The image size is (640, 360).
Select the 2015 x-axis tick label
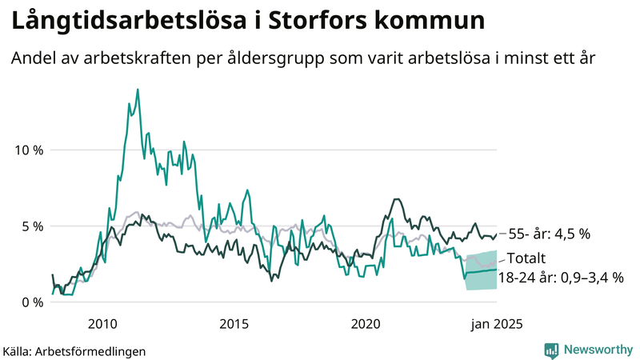(234, 324)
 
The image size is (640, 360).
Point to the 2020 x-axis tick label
(365, 324)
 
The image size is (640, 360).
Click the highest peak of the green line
(138, 90)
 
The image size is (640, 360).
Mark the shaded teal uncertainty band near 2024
(482, 272)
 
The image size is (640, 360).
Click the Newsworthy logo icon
(551, 350)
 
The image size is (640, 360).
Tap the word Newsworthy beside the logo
(597, 350)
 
